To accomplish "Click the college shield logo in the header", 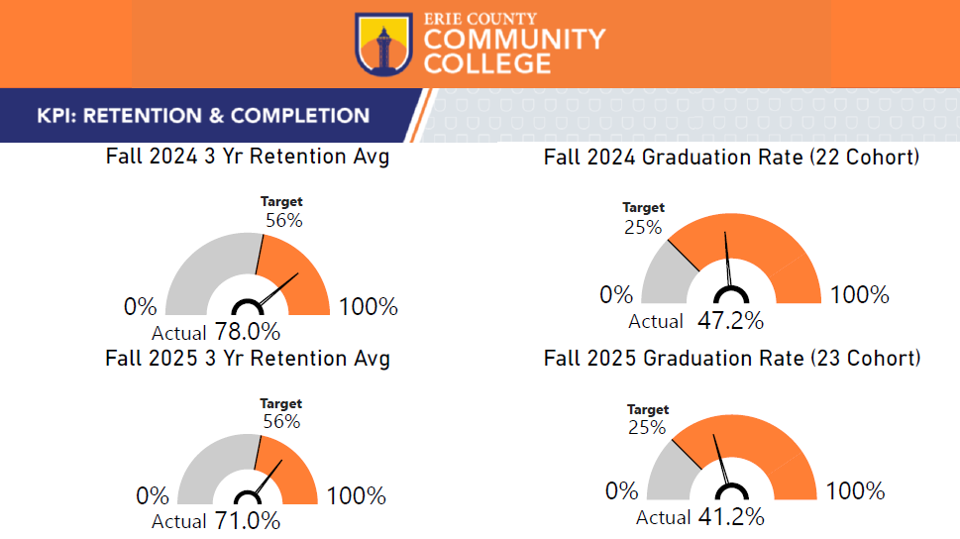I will [383, 44].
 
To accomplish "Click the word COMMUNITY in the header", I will [514, 41].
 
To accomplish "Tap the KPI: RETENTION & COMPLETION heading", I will [203, 116].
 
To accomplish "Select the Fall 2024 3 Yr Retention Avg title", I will [248, 158].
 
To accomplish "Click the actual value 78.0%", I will [248, 332].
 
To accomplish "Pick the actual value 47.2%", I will [730, 321].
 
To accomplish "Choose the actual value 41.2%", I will [731, 517].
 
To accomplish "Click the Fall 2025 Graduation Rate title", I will [732, 358].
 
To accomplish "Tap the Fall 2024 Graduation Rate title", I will [732, 158].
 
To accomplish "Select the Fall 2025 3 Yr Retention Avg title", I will [248, 358].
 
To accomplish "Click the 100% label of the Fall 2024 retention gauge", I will [368, 307].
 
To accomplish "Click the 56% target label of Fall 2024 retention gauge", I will [283, 221].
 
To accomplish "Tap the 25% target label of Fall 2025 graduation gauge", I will [647, 428].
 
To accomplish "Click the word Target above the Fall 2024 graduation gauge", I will [644, 208].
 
